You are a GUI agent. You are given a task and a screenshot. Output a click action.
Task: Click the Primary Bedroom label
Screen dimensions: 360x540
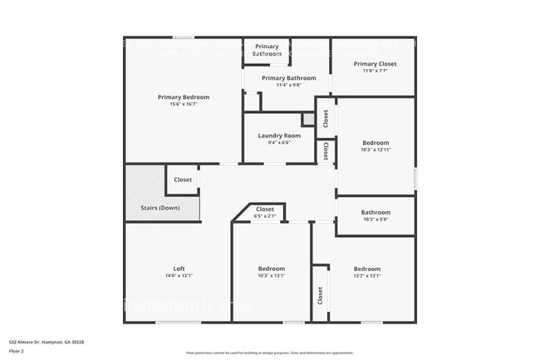point(183,97)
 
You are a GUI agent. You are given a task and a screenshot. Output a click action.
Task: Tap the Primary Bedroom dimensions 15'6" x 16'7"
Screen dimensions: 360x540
point(183,104)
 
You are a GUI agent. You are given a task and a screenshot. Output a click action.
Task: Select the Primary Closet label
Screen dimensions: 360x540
point(375,64)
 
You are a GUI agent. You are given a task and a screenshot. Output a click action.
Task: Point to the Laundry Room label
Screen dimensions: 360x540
point(279,136)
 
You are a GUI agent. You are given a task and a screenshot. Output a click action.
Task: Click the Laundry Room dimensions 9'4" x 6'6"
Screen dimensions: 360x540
point(279,142)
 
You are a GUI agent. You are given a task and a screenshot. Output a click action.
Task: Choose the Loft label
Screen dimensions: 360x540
point(179,269)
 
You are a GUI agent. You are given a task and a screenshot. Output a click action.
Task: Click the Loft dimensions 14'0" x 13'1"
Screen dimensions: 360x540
point(179,275)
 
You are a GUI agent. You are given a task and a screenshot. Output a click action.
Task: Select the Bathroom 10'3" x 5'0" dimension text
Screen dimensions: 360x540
point(376,219)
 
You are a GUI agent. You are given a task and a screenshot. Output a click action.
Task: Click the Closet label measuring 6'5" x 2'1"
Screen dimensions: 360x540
point(265,210)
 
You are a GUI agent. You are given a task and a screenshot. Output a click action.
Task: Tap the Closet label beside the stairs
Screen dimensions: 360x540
point(183,180)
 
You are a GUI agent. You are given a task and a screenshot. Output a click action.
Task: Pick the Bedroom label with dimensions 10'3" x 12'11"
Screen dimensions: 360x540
point(376,143)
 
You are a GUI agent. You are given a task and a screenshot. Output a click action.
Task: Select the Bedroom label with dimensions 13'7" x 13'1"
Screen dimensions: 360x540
point(366,269)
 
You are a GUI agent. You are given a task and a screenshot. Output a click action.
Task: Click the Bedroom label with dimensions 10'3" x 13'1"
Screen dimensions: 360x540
point(271,269)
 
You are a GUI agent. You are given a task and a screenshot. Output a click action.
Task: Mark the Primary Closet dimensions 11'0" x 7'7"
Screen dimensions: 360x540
point(375,71)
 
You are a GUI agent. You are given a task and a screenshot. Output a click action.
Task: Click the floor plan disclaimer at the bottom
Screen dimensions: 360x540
point(269,353)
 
